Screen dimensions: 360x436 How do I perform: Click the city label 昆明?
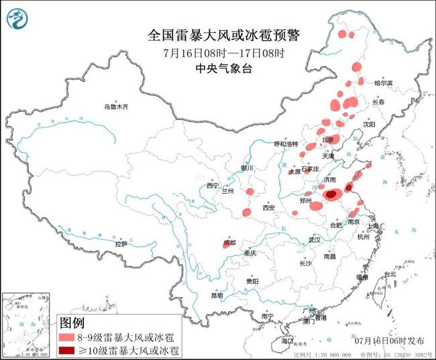(x=217, y=295)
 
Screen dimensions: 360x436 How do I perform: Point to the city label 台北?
(x=390, y=275)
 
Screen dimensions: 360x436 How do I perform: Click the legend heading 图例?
(x=73, y=322)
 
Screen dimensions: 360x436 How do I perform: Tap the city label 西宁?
(x=213, y=185)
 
